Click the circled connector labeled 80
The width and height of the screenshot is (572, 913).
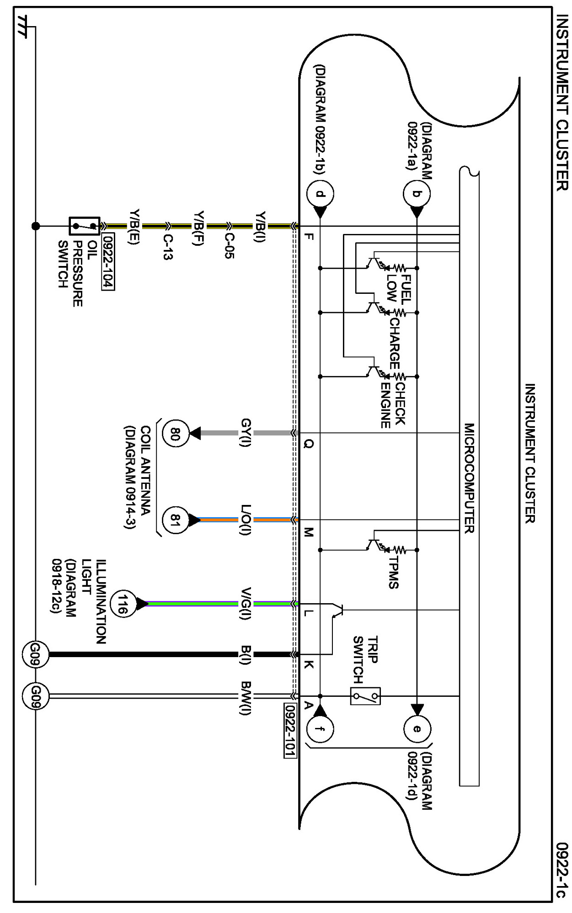click(176, 433)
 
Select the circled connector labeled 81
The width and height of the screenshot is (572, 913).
click(176, 520)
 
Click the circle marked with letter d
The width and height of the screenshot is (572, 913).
click(320, 194)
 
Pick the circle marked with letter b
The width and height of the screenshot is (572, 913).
click(417, 194)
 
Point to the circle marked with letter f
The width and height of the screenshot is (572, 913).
click(320, 728)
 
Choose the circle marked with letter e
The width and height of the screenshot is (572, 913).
click(417, 728)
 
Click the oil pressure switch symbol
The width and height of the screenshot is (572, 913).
click(84, 226)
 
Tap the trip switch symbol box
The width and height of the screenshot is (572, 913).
click(365, 696)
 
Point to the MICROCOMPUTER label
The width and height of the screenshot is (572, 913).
click(469, 478)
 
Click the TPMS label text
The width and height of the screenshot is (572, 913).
click(394, 572)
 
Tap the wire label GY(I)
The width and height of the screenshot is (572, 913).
click(246, 433)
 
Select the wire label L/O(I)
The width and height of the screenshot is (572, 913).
click(246, 520)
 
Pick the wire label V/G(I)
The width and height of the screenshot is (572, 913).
click(246, 604)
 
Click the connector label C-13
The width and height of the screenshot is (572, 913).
click(168, 247)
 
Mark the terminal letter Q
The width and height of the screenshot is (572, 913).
click(309, 444)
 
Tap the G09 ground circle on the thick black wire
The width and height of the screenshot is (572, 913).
click(36, 654)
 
